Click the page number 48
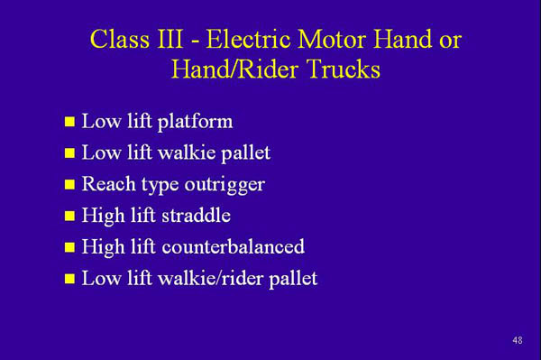pos(517,340)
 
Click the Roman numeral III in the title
pos(178,41)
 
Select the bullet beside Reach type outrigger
pos(69,186)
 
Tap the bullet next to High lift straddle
pos(69,217)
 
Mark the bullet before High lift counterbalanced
pos(69,248)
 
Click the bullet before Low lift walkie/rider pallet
pos(69,280)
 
